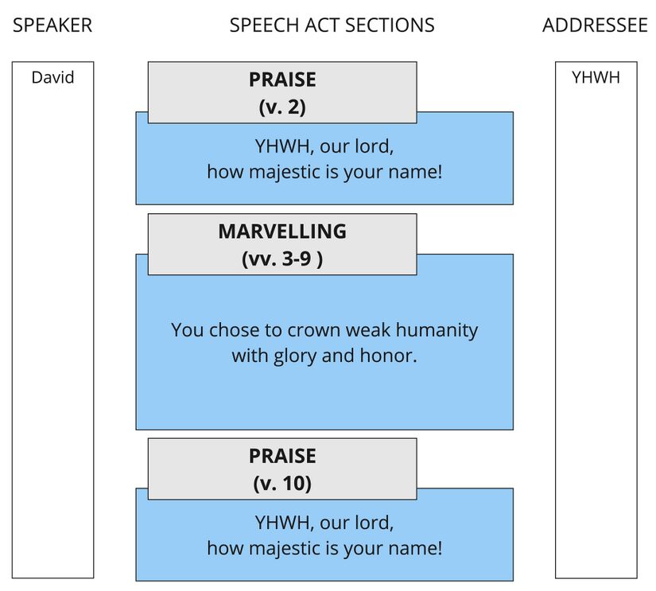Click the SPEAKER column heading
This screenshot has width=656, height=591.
coord(52,25)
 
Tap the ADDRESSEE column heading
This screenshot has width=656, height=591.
coord(595,25)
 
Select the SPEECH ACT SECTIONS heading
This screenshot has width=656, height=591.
coord(332,25)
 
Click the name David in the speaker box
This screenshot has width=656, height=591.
coord(52,78)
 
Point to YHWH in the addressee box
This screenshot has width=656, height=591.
coord(596,78)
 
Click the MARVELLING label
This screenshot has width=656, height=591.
coord(282,231)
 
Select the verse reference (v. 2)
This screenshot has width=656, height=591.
coord(282,107)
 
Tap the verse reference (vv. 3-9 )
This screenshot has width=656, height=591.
coord(282,259)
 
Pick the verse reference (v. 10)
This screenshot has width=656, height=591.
coord(282,483)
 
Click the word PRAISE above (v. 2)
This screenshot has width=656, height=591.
coord(282,80)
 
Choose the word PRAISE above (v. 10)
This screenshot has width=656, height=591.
coord(282,457)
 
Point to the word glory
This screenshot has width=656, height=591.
coord(295,356)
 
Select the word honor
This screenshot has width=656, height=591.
coord(390,356)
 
